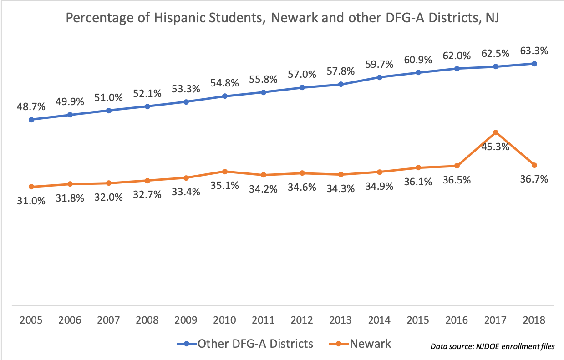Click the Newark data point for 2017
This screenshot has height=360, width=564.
tap(496, 132)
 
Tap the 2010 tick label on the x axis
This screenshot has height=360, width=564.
tap(224, 319)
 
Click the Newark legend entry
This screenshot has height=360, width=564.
tap(370, 343)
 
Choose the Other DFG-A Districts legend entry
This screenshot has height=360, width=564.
tap(255, 343)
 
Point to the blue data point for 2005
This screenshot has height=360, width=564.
tap(31, 120)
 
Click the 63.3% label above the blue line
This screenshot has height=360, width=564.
tap(534, 51)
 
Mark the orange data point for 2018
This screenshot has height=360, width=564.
tap(534, 165)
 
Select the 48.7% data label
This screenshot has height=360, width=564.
tap(31, 107)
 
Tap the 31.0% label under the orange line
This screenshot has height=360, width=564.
tap(31, 200)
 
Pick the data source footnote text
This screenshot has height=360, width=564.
tap(493, 346)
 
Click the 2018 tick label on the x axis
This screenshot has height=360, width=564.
tap(534, 319)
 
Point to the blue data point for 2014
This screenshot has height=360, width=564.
tap(379, 77)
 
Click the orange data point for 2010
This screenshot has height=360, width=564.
tap(225, 171)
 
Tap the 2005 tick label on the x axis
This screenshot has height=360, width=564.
tap(31, 319)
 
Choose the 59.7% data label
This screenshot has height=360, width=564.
tap(379, 64)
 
